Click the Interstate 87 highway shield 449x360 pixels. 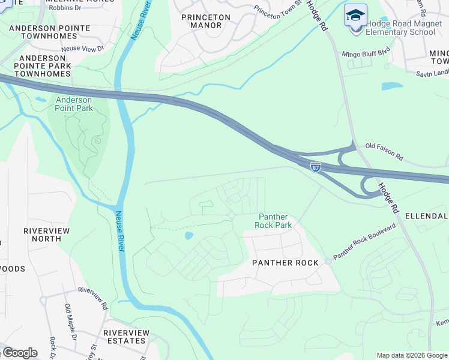[316, 166]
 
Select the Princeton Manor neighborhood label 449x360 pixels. [205, 21]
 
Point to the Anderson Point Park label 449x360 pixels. [74, 104]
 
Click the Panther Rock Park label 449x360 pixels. [274, 221]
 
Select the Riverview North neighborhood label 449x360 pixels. [46, 235]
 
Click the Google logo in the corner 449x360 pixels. [20, 353]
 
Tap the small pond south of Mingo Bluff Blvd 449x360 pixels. [392, 86]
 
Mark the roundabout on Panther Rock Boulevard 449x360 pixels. [328, 261]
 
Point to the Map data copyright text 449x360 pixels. [412, 355]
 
